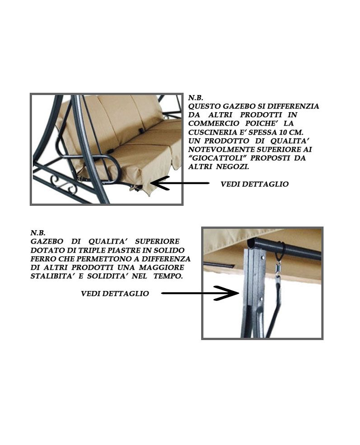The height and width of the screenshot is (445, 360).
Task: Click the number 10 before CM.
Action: point(282,132)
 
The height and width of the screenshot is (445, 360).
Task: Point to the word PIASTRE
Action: point(124,250)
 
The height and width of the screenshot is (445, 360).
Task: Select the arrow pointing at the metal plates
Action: point(200,293)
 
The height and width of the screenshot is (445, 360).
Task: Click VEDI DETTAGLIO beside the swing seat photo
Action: point(255,184)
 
